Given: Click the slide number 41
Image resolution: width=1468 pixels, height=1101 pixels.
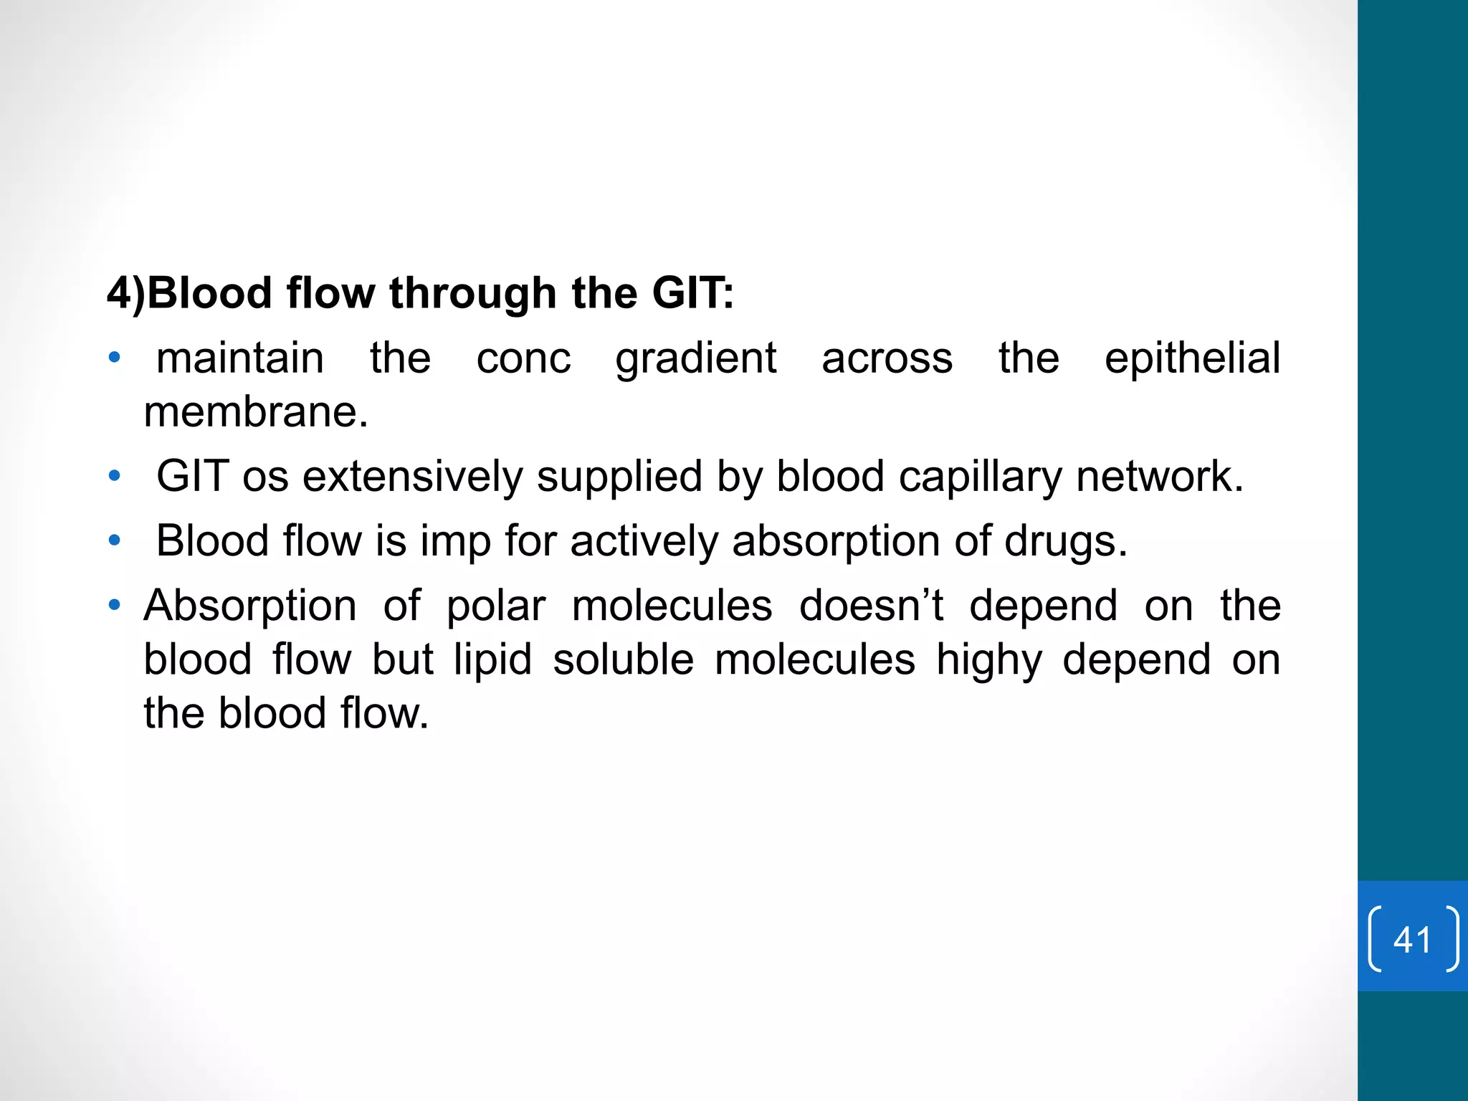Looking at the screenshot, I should [1412, 939].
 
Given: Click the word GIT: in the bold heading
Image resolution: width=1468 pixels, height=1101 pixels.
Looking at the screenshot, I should [692, 294].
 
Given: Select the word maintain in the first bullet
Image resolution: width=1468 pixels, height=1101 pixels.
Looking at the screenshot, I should [240, 358].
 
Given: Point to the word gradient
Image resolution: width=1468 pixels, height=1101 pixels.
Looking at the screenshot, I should [695, 360].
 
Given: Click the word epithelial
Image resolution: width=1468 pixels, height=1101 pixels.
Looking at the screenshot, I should [1192, 358].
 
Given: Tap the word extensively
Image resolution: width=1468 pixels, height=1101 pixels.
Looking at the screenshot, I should [412, 477].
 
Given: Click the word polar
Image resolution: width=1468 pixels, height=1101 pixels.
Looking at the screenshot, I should [496, 606].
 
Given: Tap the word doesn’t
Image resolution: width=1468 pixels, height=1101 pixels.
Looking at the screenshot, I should [871, 606].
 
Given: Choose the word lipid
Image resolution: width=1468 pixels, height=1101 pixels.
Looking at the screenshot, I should [492, 660].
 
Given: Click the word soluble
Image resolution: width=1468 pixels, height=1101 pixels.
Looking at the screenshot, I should [623, 659].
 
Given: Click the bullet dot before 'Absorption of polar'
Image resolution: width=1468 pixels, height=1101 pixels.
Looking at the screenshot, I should [114, 606].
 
